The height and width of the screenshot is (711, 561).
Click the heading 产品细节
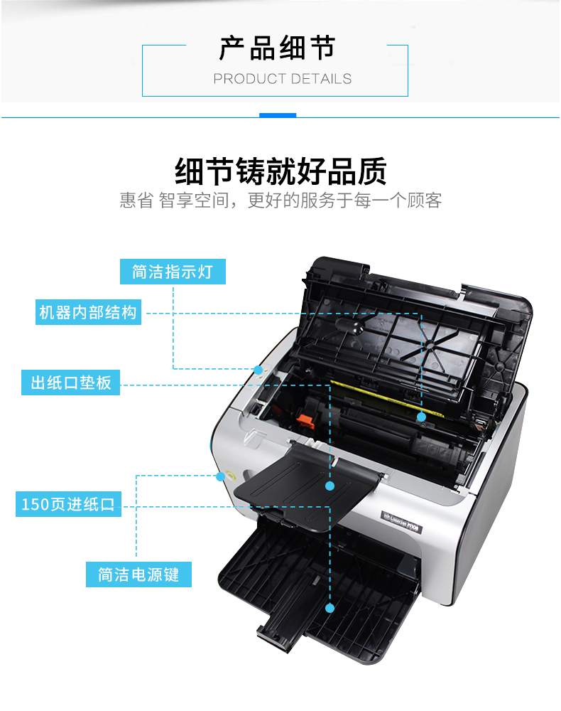tap(277, 48)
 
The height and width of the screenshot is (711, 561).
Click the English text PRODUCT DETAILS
tap(283, 79)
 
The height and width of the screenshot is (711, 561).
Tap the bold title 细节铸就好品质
tap(280, 171)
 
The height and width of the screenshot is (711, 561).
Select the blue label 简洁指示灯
tap(173, 272)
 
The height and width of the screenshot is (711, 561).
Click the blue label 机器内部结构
tap(88, 312)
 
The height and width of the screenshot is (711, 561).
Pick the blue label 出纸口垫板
tap(70, 383)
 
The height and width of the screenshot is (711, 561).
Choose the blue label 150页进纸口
tap(68, 504)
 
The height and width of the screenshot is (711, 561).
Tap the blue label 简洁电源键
tap(138, 574)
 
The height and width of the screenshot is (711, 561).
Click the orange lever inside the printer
tap(305, 421)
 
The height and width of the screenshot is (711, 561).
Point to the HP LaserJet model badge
tap(402, 522)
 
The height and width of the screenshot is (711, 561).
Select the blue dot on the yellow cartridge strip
tap(422, 417)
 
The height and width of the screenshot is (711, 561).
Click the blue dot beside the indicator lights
tap(258, 370)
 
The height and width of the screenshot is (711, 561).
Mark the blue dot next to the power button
tap(221, 476)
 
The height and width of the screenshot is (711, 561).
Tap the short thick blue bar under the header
tap(278, 115)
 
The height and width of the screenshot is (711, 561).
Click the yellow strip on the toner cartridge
tap(386, 397)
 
